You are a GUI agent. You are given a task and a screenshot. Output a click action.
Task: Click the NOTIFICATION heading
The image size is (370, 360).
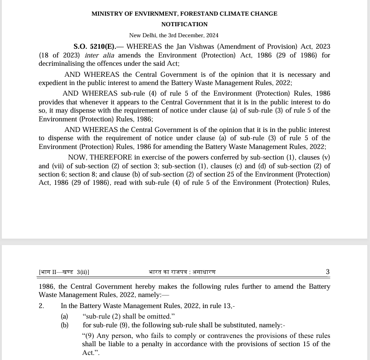[185, 24]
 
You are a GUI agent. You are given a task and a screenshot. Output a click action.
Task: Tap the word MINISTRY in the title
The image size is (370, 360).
[107, 14]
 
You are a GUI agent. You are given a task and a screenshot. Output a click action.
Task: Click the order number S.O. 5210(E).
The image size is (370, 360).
[96, 46]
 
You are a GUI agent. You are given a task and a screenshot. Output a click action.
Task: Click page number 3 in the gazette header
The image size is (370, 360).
[328, 272]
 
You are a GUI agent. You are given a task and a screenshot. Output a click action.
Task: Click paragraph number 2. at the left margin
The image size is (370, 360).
[42, 306]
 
